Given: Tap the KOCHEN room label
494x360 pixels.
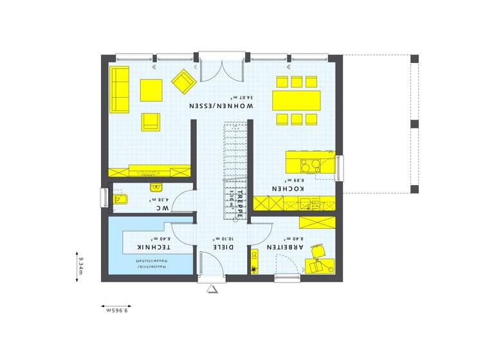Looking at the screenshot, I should point(288,189).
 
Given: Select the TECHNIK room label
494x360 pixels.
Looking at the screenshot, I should point(153,248).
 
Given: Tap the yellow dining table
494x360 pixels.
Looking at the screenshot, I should point(296,100).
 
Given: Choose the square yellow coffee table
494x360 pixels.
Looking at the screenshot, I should point(151,89).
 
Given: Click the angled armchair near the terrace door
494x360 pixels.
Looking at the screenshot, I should point(183,80).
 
